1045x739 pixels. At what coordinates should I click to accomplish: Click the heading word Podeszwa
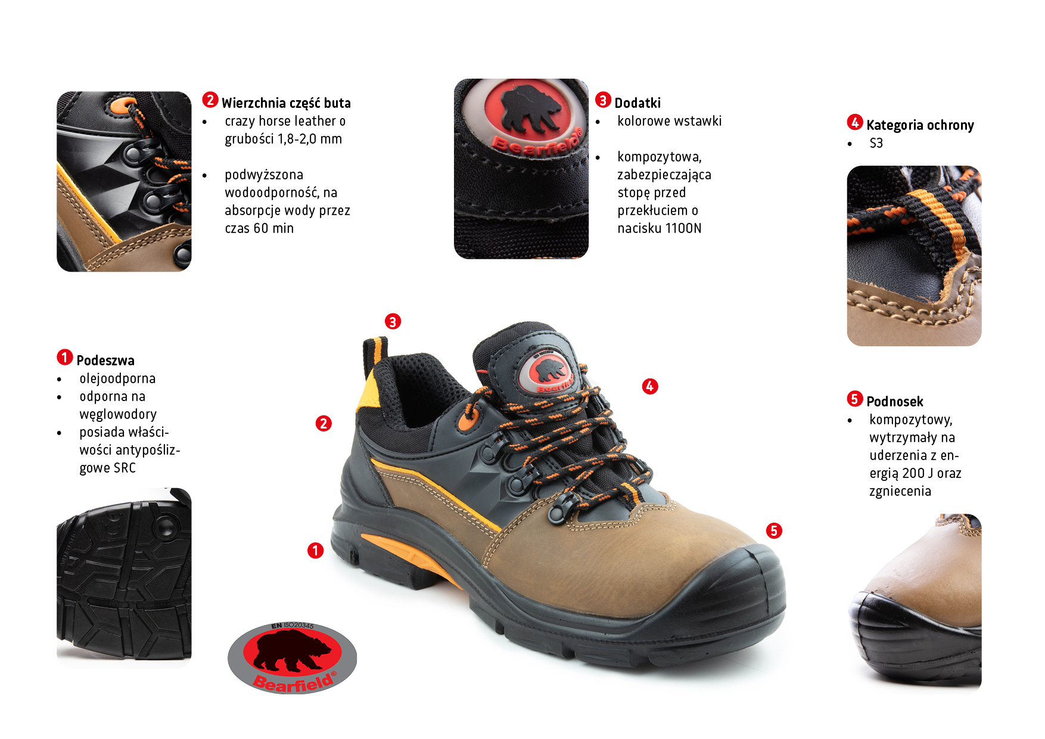coord(105,361)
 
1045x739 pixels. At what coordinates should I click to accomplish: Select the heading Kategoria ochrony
coord(920,125)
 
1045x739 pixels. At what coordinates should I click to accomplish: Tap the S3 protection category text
coord(876,143)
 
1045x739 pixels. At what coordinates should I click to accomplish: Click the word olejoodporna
coord(117,379)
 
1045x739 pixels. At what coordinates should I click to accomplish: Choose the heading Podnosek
coord(895,402)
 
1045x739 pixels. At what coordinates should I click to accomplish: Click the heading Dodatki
coord(637,103)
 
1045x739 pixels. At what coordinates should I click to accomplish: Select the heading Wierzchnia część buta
coord(286,103)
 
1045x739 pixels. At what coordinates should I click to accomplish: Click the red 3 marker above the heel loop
coord(393,322)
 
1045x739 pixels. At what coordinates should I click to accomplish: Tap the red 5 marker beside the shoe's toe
coord(774,531)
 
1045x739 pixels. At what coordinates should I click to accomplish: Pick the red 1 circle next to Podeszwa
coord(65,357)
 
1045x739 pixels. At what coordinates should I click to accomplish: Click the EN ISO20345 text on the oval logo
coord(293,626)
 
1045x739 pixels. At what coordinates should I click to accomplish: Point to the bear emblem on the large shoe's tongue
coord(547,372)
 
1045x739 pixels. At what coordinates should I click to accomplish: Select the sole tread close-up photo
coord(124,577)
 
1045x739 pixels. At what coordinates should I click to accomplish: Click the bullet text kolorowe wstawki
coord(669,121)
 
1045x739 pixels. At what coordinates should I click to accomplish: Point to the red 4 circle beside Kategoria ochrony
coord(855,122)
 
